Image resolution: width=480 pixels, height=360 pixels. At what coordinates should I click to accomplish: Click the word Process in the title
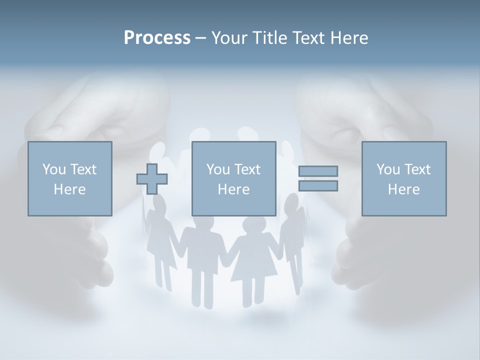pos(157,37)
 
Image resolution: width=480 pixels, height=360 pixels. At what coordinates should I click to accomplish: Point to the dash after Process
pos(200,38)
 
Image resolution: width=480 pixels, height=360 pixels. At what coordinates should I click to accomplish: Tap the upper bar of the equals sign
pos(318,171)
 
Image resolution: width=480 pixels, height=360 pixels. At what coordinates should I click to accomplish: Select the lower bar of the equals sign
pos(318,185)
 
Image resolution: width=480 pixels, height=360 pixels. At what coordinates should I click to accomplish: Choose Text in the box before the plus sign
pos(83,169)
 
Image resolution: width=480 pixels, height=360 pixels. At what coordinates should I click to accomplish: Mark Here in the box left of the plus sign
pos(69,189)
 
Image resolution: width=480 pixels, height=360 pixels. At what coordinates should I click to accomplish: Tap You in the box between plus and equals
pos(218,169)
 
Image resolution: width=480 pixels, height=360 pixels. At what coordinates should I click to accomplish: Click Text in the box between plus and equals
pos(247,169)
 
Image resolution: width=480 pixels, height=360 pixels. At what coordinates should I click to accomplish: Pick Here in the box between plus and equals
pos(233,189)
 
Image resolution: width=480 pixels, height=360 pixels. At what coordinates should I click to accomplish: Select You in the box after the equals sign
pos(388,169)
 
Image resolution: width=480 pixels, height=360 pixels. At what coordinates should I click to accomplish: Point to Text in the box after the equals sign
pos(417,169)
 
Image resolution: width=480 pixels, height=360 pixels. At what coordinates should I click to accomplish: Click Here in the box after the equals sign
pos(403,189)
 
